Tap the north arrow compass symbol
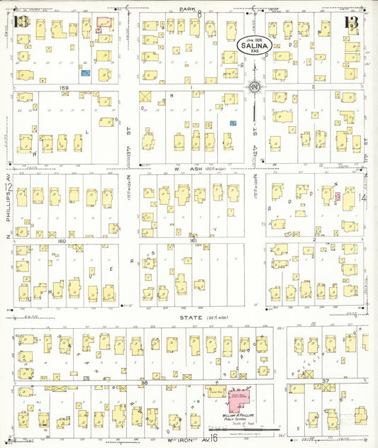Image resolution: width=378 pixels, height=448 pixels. coord(254,87)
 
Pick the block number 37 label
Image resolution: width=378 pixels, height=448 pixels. coord(326,383)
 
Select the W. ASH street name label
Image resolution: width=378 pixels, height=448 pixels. coord(190,168)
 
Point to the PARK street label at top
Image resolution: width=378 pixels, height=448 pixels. coord(187,9)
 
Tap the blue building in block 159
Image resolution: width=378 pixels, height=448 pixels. coord(85,72)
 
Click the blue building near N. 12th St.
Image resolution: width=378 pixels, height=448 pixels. coord(232,123)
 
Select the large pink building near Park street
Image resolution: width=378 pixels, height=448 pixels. coord(104,23)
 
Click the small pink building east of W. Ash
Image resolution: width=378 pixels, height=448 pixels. coord(338,196)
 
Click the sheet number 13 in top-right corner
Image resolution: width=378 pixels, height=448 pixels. coord(351,23)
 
